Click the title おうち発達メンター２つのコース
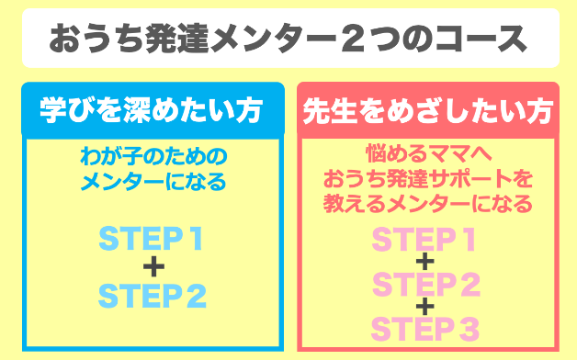288,39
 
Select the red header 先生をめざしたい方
426,111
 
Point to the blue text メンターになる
152,181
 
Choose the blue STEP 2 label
152,296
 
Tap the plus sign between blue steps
153,267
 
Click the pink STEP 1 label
425,241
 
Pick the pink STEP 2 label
425,284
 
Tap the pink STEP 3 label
425,327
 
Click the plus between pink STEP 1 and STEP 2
424,263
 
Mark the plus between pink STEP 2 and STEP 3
424,306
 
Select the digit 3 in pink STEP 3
469,327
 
